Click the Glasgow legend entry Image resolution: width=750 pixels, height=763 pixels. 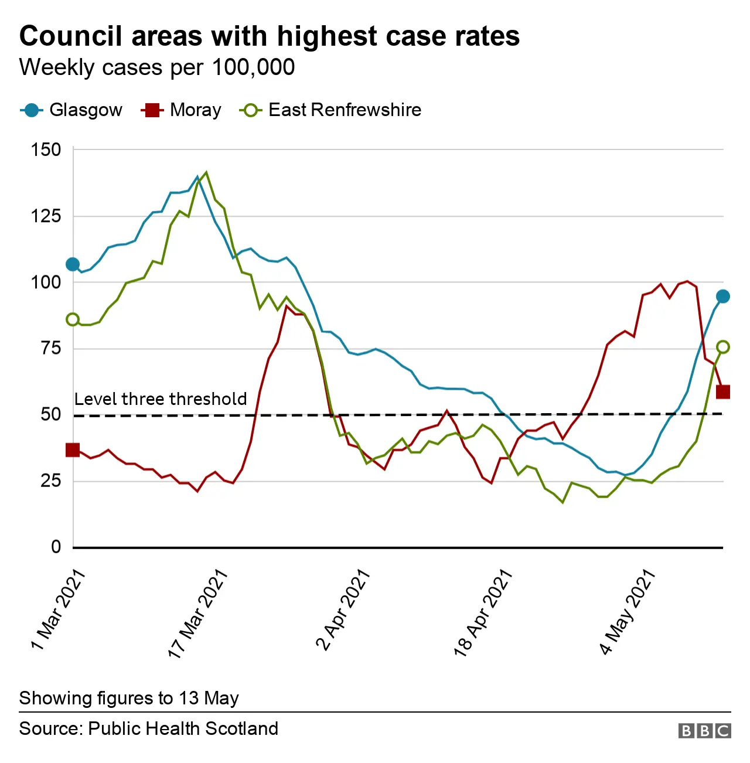[x=71, y=110]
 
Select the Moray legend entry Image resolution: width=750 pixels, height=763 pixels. [x=182, y=110]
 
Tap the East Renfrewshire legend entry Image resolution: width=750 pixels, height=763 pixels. [x=331, y=110]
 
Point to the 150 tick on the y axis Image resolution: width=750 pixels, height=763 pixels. [x=46, y=149]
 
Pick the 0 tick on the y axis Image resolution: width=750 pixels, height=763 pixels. [x=56, y=547]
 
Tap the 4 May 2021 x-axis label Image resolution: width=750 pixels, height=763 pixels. [x=626, y=612]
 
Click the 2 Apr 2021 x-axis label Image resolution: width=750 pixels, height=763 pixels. [x=343, y=610]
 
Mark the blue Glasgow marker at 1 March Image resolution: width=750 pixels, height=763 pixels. [x=73, y=264]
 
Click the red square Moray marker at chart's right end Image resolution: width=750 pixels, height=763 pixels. [x=723, y=391]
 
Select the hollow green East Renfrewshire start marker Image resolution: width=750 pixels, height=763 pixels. [x=73, y=319]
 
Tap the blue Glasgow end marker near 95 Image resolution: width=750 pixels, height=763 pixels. [x=723, y=297]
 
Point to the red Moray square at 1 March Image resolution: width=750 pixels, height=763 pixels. [x=73, y=450]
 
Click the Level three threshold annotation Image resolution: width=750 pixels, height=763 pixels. [x=161, y=399]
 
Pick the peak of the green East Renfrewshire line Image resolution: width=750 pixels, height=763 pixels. [x=206, y=172]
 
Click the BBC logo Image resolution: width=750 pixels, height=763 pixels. [x=704, y=730]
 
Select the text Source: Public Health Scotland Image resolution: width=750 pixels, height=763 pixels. [x=149, y=728]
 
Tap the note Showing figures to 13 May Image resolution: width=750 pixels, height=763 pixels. [x=129, y=698]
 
